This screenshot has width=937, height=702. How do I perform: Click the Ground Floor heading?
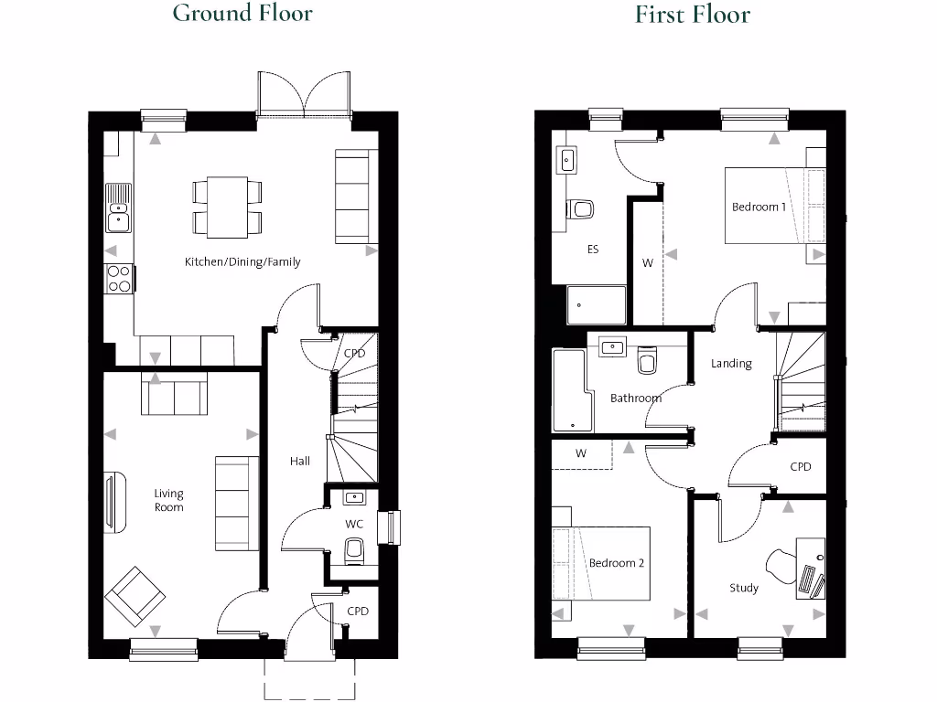pos(242,14)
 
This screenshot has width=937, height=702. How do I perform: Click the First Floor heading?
pos(693,15)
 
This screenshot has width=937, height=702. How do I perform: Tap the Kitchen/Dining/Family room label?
pos(242,262)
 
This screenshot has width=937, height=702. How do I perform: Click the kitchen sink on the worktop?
pos(118,207)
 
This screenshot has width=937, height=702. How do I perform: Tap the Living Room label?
pos(168,501)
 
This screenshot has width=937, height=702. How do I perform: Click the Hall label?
pos(300,461)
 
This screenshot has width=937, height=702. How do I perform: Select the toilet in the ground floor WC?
pos(354,550)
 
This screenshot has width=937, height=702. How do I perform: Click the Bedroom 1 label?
pos(759,207)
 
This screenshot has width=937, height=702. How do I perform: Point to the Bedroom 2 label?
pos(616,563)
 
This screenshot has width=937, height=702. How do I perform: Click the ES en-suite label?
pos(593,249)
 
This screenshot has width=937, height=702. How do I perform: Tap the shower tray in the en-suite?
pos(598,306)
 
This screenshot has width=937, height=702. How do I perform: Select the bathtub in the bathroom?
pos(572,390)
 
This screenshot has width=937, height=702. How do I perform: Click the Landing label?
pos(731,363)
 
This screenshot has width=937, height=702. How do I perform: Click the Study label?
pos(744,588)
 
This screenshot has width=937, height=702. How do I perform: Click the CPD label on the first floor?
pos(801,466)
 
